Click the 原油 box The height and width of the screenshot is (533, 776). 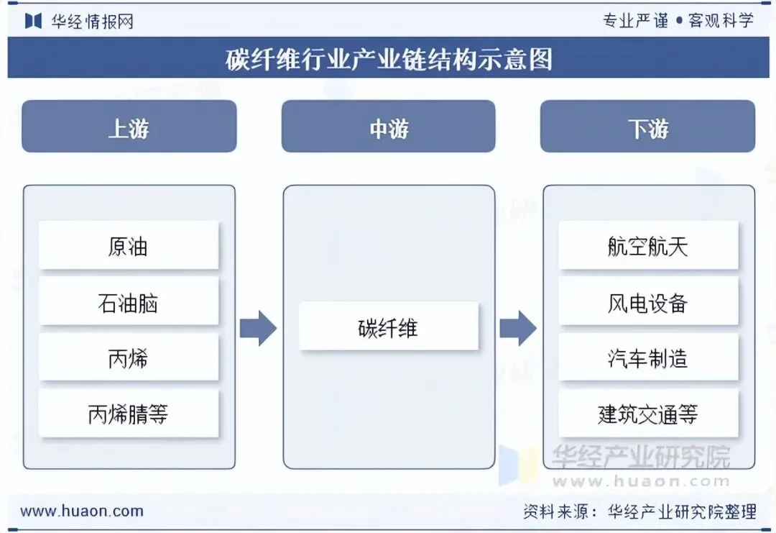click(129, 245)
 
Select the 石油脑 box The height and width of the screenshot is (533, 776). click(129, 301)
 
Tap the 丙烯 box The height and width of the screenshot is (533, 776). click(129, 357)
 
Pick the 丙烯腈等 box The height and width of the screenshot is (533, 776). click(129, 413)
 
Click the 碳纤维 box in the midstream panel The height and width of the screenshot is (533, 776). click(389, 326)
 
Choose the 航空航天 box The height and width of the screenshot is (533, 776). click(648, 245)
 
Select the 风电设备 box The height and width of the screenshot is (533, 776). click(648, 301)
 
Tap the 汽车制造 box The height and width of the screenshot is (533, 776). click(648, 357)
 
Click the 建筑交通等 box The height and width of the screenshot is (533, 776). click(648, 413)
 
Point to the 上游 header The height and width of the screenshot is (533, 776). click(129, 127)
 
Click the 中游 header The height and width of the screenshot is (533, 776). click(389, 127)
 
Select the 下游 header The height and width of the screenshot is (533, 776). click(648, 127)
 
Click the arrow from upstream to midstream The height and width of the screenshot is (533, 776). click(259, 328)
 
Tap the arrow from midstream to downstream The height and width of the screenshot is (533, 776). click(518, 328)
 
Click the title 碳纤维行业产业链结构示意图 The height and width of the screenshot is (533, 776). click(389, 59)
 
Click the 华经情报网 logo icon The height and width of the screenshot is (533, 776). click(33, 21)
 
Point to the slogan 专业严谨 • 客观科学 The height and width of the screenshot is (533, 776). click(678, 20)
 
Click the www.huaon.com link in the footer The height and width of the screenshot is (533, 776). click(82, 511)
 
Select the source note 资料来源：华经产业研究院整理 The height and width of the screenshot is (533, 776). click(640, 511)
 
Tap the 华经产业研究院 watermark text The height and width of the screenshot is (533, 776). click(641, 457)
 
